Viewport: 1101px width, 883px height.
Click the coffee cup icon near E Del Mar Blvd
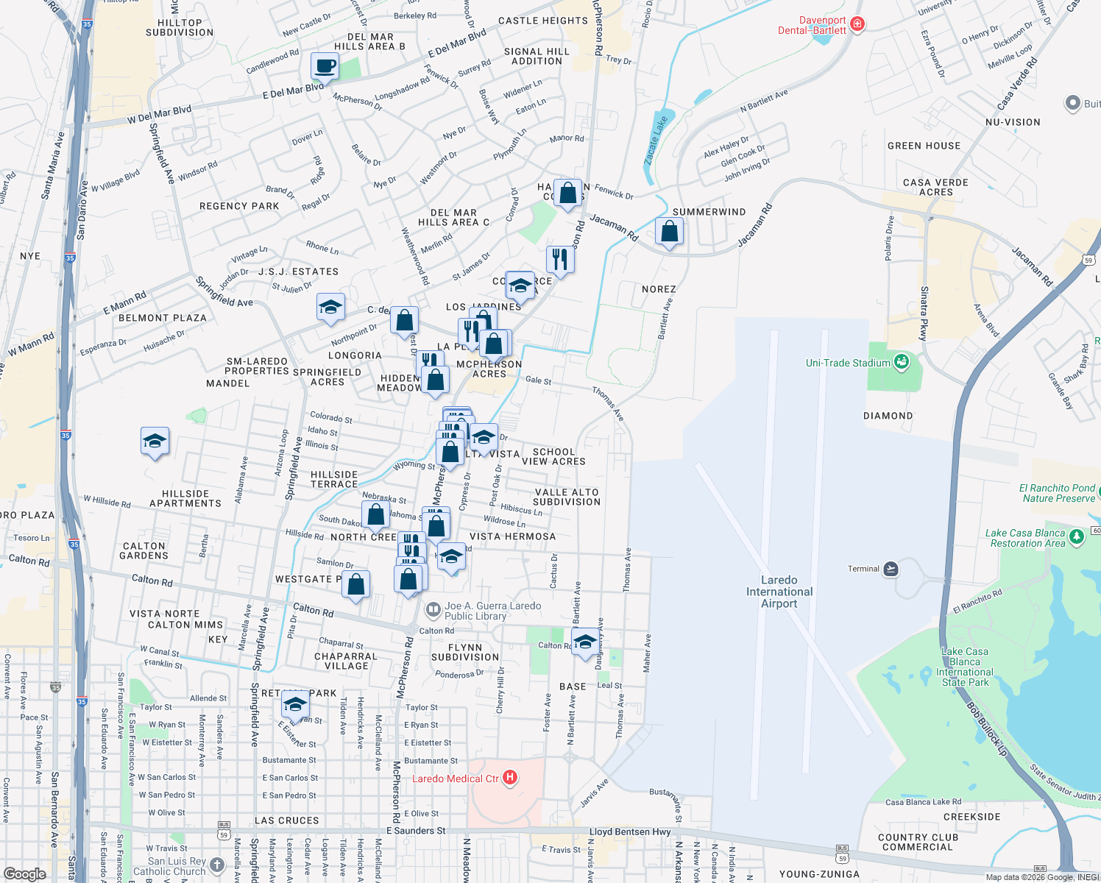click(x=324, y=66)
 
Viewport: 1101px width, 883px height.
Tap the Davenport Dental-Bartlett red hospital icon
click(x=857, y=25)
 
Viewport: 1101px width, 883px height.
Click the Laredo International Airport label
click(x=779, y=592)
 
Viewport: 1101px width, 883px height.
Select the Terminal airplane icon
click(x=891, y=569)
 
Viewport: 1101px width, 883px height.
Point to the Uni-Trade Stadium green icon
click(x=902, y=362)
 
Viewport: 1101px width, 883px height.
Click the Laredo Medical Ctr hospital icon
click(x=509, y=778)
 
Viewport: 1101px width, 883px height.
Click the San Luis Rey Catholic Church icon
click(x=216, y=865)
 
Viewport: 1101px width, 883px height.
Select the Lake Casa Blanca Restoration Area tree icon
click(x=1076, y=536)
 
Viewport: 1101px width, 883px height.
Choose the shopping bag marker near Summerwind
click(x=669, y=232)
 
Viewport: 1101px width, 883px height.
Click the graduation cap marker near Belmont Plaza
click(x=330, y=307)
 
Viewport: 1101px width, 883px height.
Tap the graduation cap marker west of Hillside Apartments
click(x=155, y=441)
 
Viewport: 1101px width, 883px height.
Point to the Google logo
click(x=24, y=873)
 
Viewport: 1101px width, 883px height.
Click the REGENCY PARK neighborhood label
click(x=239, y=206)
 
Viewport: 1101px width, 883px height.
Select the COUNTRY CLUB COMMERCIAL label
click(x=918, y=843)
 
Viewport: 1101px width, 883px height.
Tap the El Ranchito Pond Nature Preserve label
click(x=1058, y=493)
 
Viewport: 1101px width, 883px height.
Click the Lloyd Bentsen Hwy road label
click(x=630, y=831)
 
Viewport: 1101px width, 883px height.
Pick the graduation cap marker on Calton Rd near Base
click(x=585, y=641)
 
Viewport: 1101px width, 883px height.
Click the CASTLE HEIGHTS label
click(x=542, y=21)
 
